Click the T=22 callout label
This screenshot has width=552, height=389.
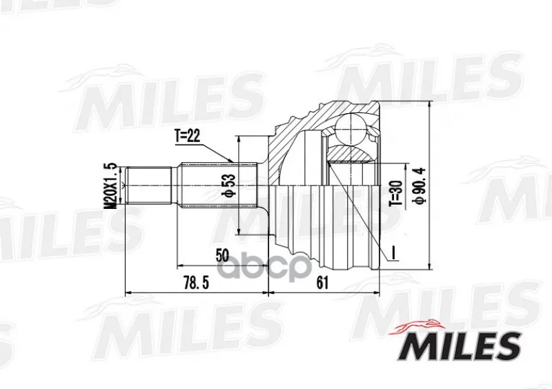click(x=187, y=136)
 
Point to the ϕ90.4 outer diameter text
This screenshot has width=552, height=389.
click(x=422, y=185)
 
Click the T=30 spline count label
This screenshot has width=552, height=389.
click(x=396, y=193)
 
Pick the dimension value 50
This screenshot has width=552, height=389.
click(x=222, y=255)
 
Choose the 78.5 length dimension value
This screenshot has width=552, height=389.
click(x=196, y=282)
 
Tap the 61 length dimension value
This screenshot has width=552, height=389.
click(x=322, y=282)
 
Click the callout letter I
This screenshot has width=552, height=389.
click(x=394, y=252)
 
